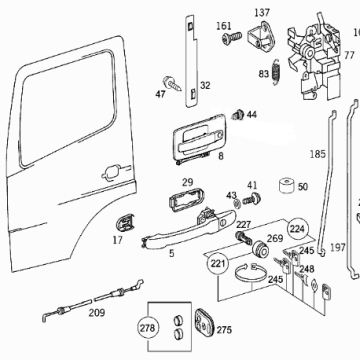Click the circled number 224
297,229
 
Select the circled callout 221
218,264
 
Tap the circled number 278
147,328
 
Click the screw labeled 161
232,37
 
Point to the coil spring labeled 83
276,72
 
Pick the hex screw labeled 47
172,83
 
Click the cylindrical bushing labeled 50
286,185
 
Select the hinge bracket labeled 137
263,36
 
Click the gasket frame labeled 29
184,199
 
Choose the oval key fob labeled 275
205,321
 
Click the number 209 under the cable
97,313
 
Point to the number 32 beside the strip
205,86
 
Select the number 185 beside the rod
317,154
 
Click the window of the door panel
67,107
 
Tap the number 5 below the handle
171,254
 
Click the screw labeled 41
252,199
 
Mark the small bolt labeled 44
238,114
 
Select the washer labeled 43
237,204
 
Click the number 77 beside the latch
349,55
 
